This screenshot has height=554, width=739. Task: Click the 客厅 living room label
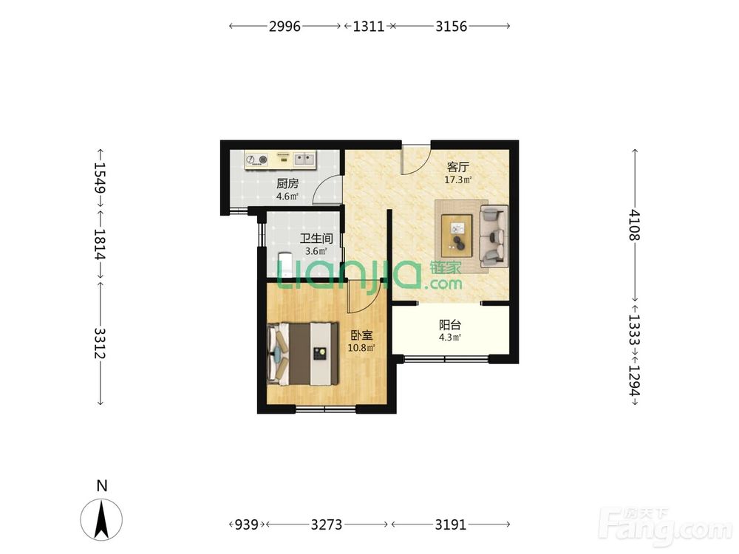tap(457, 167)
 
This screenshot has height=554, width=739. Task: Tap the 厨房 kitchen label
tap(287, 184)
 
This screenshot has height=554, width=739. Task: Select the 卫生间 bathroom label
tap(316, 239)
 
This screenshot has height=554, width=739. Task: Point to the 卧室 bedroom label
tap(361, 335)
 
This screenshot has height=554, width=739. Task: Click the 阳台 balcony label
tap(449, 325)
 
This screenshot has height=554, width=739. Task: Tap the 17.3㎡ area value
tap(458, 180)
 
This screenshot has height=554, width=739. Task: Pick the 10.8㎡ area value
tap(361, 348)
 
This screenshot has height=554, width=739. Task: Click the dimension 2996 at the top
tap(285, 27)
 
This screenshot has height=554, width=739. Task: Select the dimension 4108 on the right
tap(634, 225)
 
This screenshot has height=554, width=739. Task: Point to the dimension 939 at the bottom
tap(246, 524)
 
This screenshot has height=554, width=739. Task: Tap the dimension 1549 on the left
tap(100, 177)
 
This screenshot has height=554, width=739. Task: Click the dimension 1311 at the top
tap(369, 27)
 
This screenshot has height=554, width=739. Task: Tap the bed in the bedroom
tap(303, 353)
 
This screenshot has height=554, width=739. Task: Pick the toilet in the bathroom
tap(285, 264)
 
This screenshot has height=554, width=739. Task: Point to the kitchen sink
tap(304, 160)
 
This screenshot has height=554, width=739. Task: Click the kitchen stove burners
tap(257, 160)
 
